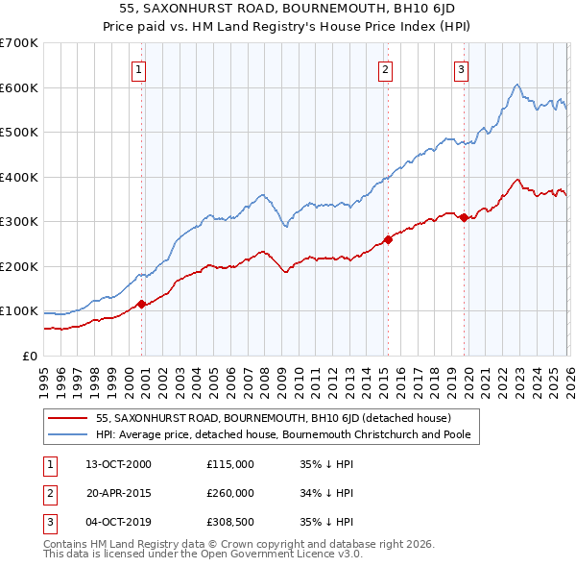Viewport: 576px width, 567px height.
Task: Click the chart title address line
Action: point(288,8)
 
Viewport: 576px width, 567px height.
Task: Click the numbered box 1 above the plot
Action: point(139,69)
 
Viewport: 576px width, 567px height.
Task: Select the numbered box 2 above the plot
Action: point(385,69)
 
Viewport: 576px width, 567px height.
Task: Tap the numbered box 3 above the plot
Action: point(461,69)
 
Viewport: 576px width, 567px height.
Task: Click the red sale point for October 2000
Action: point(142,304)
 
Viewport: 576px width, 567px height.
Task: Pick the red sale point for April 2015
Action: point(388,239)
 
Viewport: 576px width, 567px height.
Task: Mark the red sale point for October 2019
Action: point(464,217)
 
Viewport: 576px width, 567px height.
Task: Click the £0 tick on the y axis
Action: point(30,356)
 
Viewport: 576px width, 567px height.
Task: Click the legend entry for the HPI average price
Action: point(288,434)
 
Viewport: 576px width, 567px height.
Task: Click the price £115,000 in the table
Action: point(230,463)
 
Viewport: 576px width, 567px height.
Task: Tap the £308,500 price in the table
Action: point(230,523)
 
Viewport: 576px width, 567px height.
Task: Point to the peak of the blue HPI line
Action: point(516,85)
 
